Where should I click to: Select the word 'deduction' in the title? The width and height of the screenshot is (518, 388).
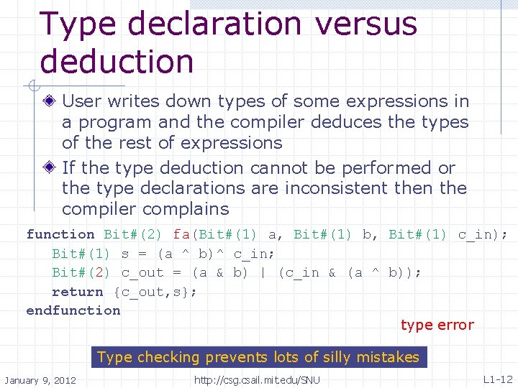tap(117, 61)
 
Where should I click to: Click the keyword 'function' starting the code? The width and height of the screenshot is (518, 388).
tap(60, 234)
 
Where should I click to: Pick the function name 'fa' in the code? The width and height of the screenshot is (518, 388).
tap(181, 234)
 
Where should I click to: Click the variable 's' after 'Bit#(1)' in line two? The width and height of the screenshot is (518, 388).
tap(124, 254)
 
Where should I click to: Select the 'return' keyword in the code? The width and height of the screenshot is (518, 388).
tap(78, 292)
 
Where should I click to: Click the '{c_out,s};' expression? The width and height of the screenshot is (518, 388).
tap(155, 292)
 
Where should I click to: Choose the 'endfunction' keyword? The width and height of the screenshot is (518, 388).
tap(73, 310)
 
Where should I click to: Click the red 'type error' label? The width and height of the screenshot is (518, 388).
tap(437, 325)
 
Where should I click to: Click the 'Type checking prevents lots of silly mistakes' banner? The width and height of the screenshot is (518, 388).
tap(258, 357)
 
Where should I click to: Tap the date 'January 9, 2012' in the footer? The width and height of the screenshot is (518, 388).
tap(40, 379)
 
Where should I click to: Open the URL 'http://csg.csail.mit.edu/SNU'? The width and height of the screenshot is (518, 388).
tap(258, 379)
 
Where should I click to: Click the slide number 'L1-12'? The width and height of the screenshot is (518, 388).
tap(497, 379)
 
